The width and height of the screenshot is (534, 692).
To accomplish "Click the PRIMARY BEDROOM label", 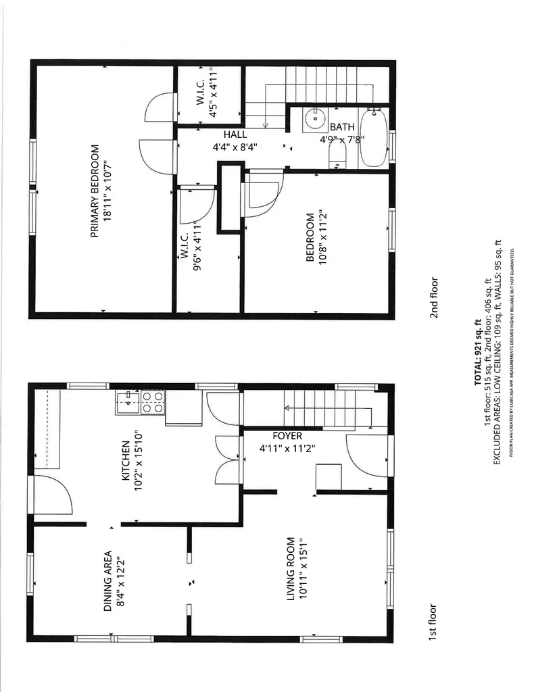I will coord(95,191).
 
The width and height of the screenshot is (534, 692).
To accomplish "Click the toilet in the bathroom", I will coord(337,156).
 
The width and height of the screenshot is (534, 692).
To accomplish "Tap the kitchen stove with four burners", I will coord(152,402).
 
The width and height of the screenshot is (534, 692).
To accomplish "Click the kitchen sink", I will coord(126,403).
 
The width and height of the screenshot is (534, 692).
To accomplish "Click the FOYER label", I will coord(287,436).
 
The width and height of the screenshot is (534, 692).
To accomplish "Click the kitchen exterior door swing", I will coord(53,494).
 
